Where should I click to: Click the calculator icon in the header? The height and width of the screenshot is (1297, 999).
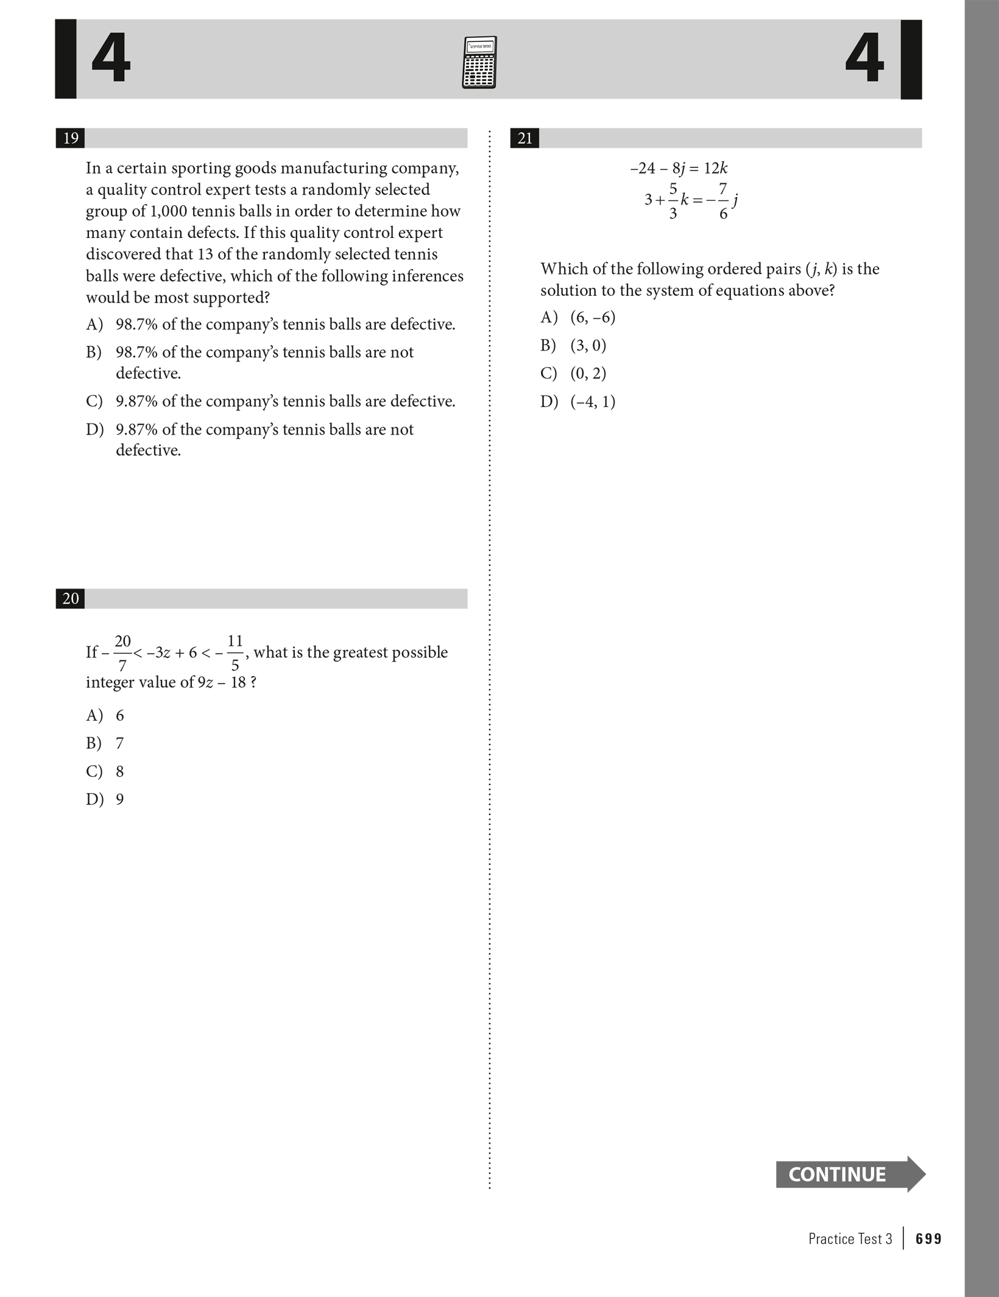(x=479, y=62)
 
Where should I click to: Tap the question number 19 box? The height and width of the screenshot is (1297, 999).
(x=70, y=138)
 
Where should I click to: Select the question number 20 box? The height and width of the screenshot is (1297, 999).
(x=70, y=598)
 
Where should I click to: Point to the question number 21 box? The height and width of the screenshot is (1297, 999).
(x=524, y=138)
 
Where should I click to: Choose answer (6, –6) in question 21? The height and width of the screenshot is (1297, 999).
(x=593, y=317)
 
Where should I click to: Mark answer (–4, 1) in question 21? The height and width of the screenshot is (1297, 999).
(x=593, y=402)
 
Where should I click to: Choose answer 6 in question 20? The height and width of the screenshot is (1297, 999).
(x=119, y=715)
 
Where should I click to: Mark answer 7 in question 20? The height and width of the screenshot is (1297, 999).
(x=119, y=743)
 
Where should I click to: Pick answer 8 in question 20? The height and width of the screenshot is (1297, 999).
(x=119, y=771)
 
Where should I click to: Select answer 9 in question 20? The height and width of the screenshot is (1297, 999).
(x=119, y=799)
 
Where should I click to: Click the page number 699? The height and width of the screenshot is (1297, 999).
(x=928, y=1239)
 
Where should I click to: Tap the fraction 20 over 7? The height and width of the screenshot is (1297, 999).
(x=122, y=653)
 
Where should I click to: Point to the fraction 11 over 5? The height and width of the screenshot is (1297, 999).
(x=235, y=653)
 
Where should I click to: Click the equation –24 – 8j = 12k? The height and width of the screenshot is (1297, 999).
(x=679, y=169)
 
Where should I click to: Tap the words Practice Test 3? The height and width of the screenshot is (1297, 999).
(x=850, y=1239)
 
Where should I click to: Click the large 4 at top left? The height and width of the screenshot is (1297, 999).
(x=111, y=59)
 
